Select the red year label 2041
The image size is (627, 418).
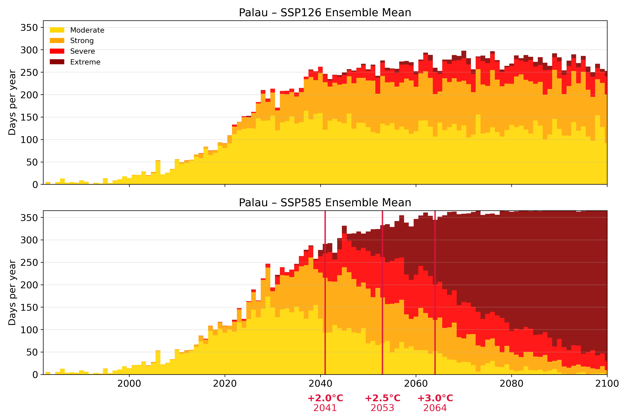coord(325,408)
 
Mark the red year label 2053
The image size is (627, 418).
coord(382,408)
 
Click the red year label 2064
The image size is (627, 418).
coord(435,408)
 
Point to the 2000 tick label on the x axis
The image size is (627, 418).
coord(129,384)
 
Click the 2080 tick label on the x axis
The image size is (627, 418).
coord(511,384)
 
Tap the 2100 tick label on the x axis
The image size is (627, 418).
coord(607,384)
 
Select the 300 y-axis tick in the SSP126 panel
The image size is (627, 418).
coord(29,50)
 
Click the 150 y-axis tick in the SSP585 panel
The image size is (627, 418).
coord(29,307)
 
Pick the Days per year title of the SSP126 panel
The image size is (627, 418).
coord(12,102)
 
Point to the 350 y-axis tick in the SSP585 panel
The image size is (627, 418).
coord(29,218)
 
